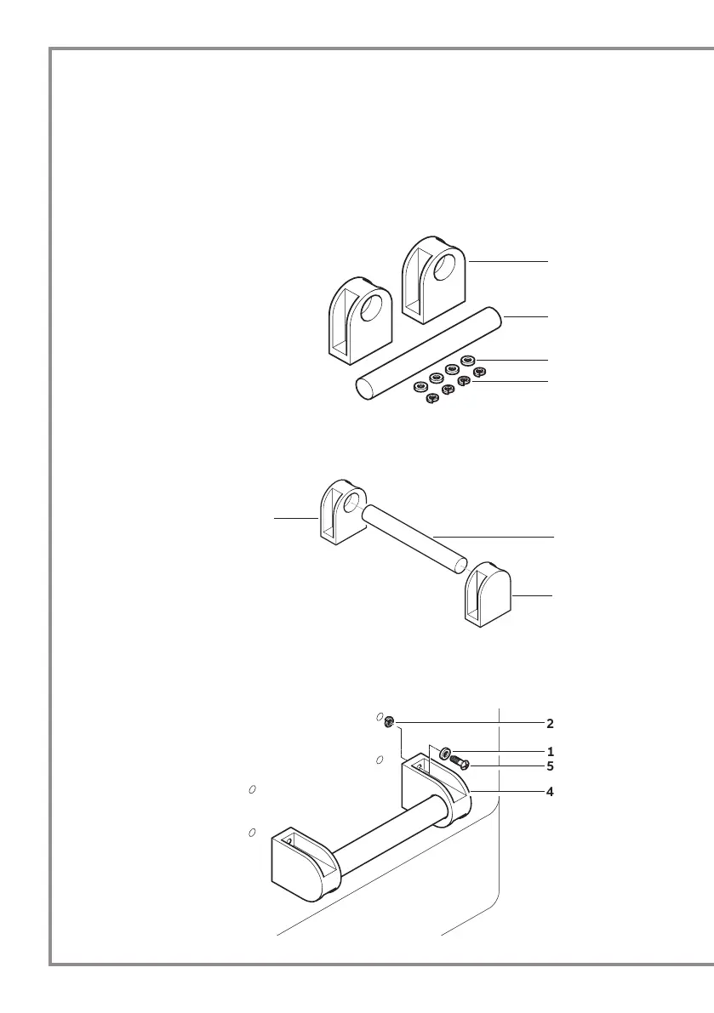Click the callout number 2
click(x=550, y=724)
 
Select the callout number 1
click(x=550, y=752)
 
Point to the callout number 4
click(x=550, y=791)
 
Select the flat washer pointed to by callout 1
click(x=447, y=754)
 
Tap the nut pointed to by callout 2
click(x=388, y=723)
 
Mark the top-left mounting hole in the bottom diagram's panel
click(x=253, y=790)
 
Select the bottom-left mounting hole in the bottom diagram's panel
click(x=253, y=831)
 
